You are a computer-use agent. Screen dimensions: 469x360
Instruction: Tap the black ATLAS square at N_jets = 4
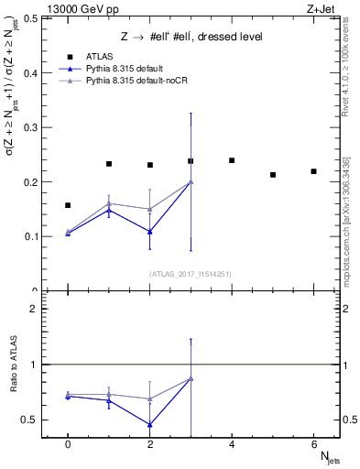tap(232, 160)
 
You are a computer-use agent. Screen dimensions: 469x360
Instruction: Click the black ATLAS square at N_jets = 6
tap(313, 171)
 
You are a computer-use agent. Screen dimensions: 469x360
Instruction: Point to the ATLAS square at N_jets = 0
tap(68, 205)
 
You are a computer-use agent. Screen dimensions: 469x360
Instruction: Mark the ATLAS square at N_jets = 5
tap(273, 174)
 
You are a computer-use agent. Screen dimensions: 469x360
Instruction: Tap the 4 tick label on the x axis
tap(232, 444)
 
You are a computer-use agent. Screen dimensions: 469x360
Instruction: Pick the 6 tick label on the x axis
tap(313, 444)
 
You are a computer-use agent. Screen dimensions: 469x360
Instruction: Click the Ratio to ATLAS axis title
tap(13, 365)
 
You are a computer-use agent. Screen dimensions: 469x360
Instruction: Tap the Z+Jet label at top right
tap(322, 7)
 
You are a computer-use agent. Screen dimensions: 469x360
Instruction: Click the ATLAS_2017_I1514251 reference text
tap(190, 274)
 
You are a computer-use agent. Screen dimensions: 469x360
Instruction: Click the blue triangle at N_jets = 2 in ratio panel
tap(149, 424)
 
